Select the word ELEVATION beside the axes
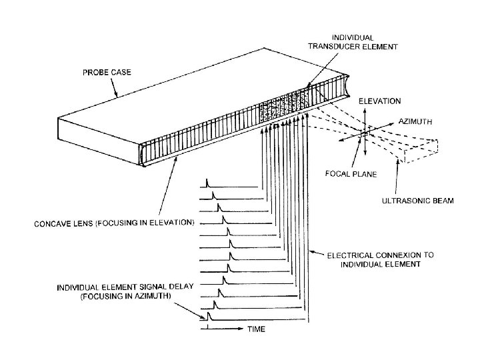pyautogui.click(x=380, y=101)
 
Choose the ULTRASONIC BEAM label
pyautogui.click(x=419, y=200)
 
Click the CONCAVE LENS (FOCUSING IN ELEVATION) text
pyautogui.click(x=114, y=223)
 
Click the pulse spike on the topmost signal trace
pyautogui.click(x=207, y=182)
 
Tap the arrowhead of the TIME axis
pyautogui.click(x=241, y=328)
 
